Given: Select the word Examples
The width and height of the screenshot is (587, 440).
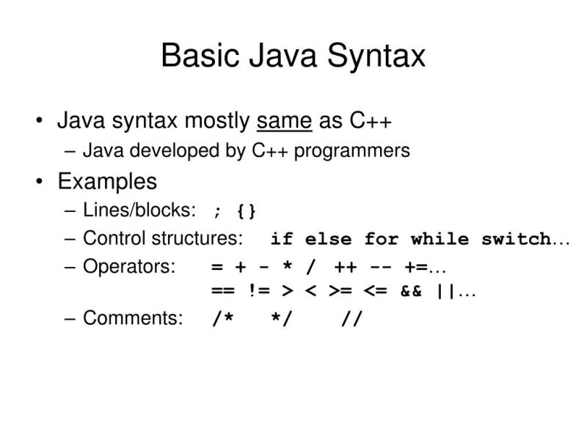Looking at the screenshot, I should [x=107, y=181].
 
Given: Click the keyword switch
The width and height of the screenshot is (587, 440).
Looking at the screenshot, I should [x=516, y=239].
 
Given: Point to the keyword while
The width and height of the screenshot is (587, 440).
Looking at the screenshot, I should [x=440, y=239].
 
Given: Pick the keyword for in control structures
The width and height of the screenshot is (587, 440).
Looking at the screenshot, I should [x=381, y=239].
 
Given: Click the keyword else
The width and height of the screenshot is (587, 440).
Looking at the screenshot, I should [x=328, y=239].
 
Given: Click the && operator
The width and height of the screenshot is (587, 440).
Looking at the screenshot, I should [x=411, y=291].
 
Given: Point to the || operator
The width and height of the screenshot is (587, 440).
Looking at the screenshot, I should [x=446, y=291].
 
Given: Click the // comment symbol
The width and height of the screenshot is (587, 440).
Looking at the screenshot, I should [x=351, y=320].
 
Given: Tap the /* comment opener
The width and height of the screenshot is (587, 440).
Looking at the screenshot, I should [x=222, y=320].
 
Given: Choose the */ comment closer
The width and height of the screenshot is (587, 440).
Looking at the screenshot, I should [x=281, y=320].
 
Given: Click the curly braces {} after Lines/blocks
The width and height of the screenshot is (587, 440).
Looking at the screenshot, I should [x=247, y=212].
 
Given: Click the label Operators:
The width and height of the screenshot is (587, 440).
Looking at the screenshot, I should [x=129, y=267].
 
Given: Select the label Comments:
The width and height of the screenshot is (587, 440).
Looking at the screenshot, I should [x=133, y=319].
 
